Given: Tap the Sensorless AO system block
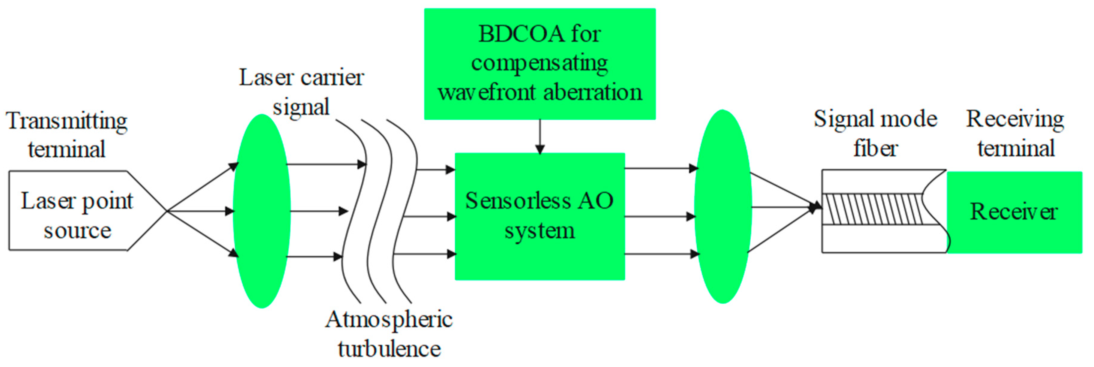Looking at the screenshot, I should tap(540, 216).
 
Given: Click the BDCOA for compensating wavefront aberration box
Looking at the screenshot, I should tap(540, 64).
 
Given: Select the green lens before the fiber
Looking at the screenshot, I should tap(723, 207).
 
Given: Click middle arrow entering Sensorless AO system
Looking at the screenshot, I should tap(429, 217).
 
